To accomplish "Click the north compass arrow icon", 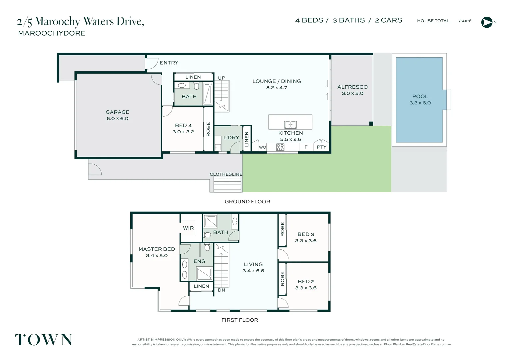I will (486, 22).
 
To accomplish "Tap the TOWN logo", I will (44, 340).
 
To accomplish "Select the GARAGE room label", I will (117, 112).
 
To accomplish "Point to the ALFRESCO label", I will (352, 87).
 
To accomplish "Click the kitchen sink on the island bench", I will (290, 125).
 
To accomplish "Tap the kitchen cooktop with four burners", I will (280, 147).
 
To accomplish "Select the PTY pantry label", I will (321, 147).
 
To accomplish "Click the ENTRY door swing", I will (152, 63).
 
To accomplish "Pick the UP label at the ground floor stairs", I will (222, 78).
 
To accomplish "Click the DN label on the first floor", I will (222, 290).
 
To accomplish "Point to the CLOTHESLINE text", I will (226, 174).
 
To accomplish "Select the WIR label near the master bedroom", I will (188, 228).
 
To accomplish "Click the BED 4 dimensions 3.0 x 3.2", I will (183, 132).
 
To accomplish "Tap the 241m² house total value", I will (465, 21).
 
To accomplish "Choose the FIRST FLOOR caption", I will (240, 320).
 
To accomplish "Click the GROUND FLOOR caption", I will (247, 202).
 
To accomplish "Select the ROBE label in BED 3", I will (282, 229).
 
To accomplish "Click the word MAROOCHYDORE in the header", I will (52, 33).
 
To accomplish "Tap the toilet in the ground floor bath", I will (197, 86).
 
